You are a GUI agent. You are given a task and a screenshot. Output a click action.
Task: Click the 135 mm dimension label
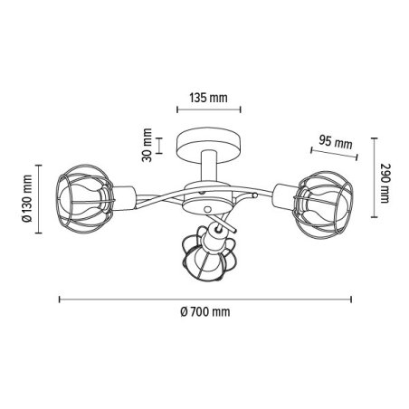pyautogui.click(x=208, y=98)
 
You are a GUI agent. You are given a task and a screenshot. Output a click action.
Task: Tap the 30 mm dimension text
pyautogui.click(x=147, y=145)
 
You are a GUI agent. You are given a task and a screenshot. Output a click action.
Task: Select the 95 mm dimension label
pyautogui.click(x=336, y=141)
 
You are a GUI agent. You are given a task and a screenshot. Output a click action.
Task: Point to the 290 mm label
pyautogui.click(x=385, y=183)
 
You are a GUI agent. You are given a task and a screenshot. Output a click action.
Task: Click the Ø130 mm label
pyautogui.click(x=27, y=198)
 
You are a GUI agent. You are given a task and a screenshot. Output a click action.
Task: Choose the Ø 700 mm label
pyautogui.click(x=205, y=311)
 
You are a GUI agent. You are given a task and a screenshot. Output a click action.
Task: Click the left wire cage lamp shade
pyautogui.click(x=85, y=199)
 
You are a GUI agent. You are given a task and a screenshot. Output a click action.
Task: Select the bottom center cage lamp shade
pyautogui.click(x=207, y=253)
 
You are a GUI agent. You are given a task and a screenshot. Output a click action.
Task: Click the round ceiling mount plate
pyautogui.click(x=209, y=145)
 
